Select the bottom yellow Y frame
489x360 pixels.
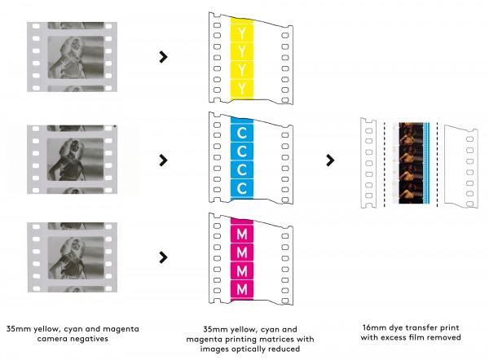tap(242, 85)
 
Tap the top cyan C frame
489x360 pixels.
tap(242, 130)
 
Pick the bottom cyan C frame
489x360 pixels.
tap(242, 187)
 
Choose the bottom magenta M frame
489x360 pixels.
tap(242, 288)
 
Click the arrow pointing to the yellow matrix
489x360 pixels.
tap(164, 57)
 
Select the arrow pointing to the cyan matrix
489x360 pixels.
tap(164, 158)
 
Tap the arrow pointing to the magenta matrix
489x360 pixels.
tap(164, 257)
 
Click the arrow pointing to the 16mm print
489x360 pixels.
tap(330, 160)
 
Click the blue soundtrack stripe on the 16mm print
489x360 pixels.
tap(425, 163)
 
